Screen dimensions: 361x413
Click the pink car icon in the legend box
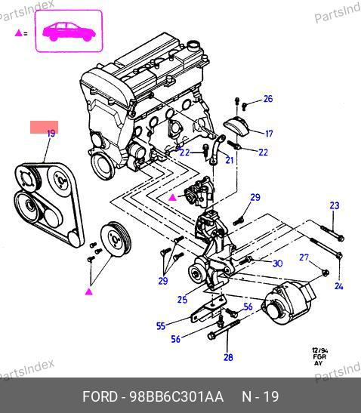pyautogui.click(x=69, y=32)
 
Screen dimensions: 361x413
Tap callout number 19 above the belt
pyautogui.click(x=51, y=134)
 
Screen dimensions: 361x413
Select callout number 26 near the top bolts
pyautogui.click(x=268, y=99)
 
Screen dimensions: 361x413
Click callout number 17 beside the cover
pyautogui.click(x=269, y=134)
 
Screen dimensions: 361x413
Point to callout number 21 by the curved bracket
pyautogui.click(x=230, y=160)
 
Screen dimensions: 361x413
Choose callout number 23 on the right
pyautogui.click(x=335, y=205)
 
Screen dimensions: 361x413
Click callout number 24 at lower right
pyautogui.click(x=339, y=286)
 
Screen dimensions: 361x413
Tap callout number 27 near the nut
pyautogui.click(x=304, y=257)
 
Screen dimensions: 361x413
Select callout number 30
pyautogui.click(x=277, y=264)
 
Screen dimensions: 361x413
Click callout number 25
pyautogui.click(x=182, y=300)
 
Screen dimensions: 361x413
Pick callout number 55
pyautogui.click(x=161, y=326)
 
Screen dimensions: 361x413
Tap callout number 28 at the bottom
pyautogui.click(x=228, y=357)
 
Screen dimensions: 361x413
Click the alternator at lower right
pyautogui.click(x=288, y=303)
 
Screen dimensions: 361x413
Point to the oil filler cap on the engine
pyautogui.click(x=194, y=46)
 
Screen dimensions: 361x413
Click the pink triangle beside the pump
pyautogui.click(x=173, y=197)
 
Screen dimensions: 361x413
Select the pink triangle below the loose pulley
pyautogui.click(x=89, y=291)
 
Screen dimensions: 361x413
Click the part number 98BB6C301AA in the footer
pyautogui.click(x=176, y=396)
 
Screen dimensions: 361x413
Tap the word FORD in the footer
pyautogui.click(x=100, y=396)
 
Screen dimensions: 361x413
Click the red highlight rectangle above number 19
pyautogui.click(x=45, y=127)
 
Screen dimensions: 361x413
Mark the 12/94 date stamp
pyautogui.click(x=320, y=350)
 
